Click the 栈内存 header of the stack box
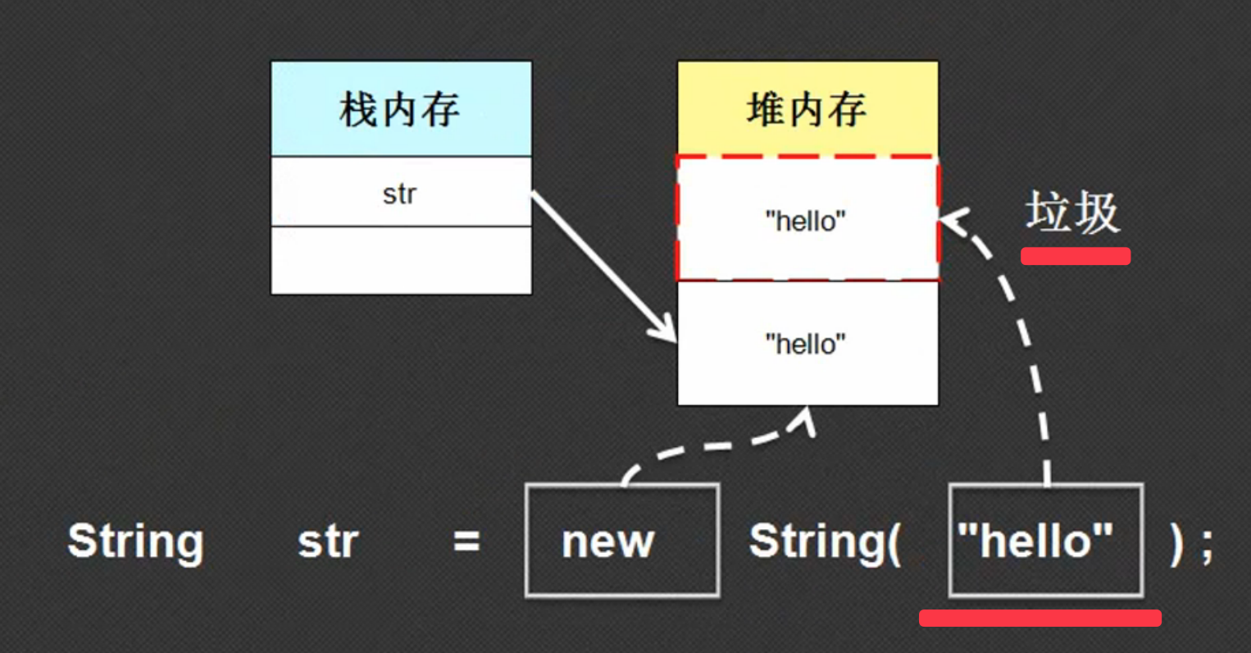(x=401, y=108)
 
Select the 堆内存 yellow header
(x=807, y=108)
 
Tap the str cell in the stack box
(x=401, y=192)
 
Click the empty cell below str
(x=401, y=261)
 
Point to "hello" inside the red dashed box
(x=805, y=221)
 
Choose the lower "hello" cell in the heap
(x=807, y=343)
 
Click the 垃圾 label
(x=1072, y=212)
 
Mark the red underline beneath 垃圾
(x=1076, y=256)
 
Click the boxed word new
(x=607, y=542)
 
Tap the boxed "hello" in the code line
(x=1035, y=541)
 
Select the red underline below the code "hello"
(x=1039, y=618)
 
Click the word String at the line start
(x=136, y=542)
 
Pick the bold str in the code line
(x=329, y=542)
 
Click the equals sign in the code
(x=466, y=542)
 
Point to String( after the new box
(x=825, y=542)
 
